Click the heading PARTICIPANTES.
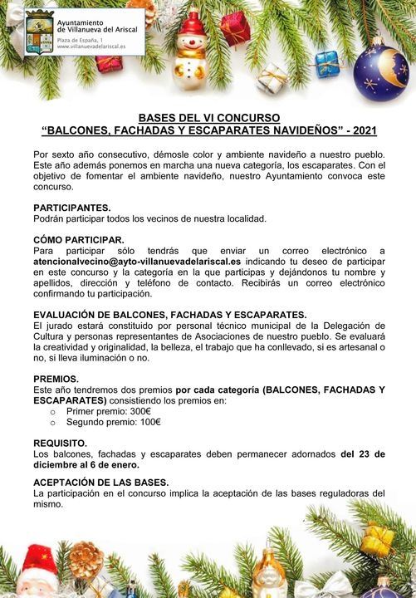point(71,208)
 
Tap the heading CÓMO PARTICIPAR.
point(78,239)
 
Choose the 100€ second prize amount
point(146,422)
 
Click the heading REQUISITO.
point(60,444)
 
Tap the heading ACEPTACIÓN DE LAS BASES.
point(101,482)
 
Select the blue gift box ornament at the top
point(326,63)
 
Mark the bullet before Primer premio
point(53,411)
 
